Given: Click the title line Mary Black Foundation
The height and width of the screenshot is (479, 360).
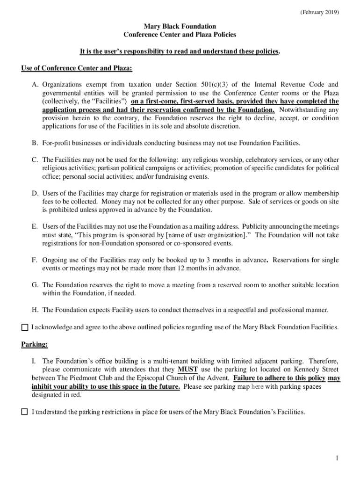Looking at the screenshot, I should [180, 27].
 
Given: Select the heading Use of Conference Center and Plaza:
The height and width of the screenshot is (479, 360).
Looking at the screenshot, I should [77, 69].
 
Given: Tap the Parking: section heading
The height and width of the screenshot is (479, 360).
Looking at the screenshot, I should [35, 345].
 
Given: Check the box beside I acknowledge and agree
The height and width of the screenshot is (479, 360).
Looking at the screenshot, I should [25, 327].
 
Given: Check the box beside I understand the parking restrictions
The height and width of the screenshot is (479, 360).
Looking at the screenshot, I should [25, 412].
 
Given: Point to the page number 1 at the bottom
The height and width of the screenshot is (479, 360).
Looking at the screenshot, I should [336, 458].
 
